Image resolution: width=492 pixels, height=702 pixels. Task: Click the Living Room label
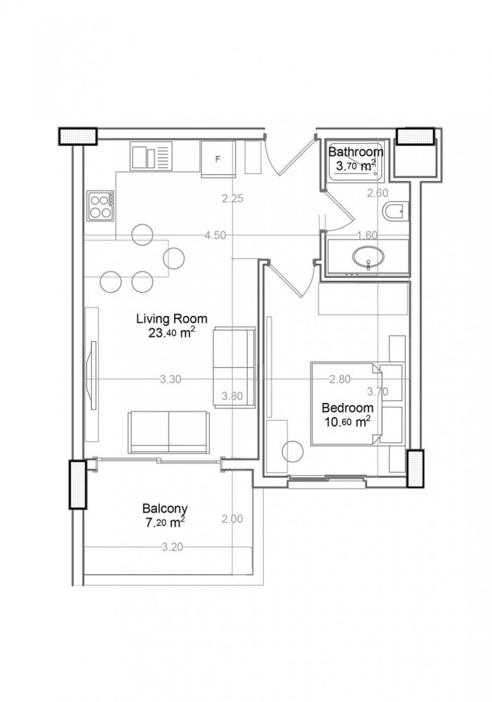pos(166,319)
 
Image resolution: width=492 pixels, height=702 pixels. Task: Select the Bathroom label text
pos(356,152)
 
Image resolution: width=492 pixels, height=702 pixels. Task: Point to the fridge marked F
pos(218,158)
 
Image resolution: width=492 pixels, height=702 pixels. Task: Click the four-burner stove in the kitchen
pos(100,205)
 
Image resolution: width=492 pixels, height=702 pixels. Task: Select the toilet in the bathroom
pos(395,210)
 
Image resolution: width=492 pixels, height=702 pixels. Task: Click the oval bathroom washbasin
pos(366,257)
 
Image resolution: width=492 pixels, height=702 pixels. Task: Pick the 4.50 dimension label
pos(215,236)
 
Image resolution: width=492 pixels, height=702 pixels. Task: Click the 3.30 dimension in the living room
pos(171,379)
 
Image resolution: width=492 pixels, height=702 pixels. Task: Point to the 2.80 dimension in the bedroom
pos(340,379)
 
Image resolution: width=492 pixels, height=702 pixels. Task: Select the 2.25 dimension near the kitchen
pos(232,199)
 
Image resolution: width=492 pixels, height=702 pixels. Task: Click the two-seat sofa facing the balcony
pos(168,432)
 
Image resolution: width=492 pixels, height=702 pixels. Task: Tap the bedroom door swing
pos(291,277)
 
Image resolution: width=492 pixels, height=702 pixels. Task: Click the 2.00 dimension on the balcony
pos(232,519)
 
